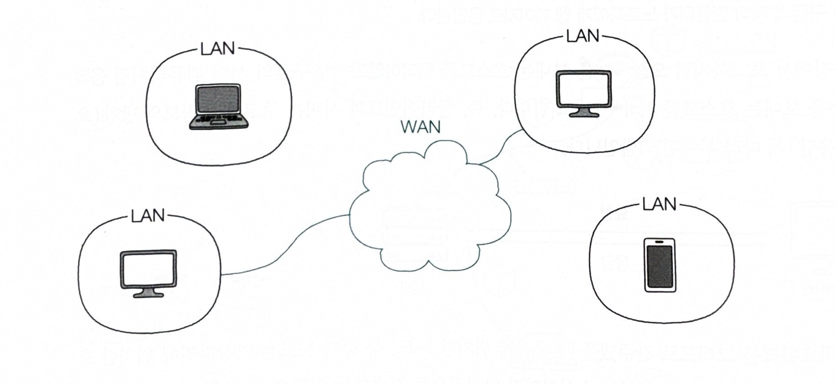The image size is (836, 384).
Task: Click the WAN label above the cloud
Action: (x=420, y=126)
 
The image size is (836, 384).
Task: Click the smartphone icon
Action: (x=660, y=265)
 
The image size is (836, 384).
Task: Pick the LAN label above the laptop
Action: (x=217, y=49)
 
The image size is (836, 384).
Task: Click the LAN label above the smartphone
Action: (x=659, y=204)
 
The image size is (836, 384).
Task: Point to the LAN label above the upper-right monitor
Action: (x=582, y=36)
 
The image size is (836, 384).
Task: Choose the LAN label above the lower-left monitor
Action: (x=148, y=216)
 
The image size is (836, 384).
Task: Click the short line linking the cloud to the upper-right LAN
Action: (x=503, y=148)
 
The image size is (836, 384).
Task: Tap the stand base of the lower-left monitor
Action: (x=148, y=295)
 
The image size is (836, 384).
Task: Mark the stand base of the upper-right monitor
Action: (x=584, y=114)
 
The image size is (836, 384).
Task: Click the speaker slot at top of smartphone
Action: (x=659, y=241)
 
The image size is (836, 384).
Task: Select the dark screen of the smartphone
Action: (x=660, y=267)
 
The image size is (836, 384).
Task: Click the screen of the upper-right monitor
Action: (x=584, y=88)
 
